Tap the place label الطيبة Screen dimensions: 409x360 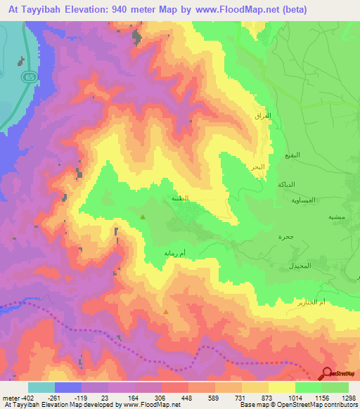[180, 199]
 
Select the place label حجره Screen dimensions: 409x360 [285, 237]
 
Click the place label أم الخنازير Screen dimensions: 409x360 [332, 301]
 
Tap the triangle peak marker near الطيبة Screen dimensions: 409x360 [143, 217]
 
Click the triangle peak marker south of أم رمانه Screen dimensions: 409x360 [166, 312]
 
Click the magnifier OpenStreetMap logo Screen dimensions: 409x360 [327, 374]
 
